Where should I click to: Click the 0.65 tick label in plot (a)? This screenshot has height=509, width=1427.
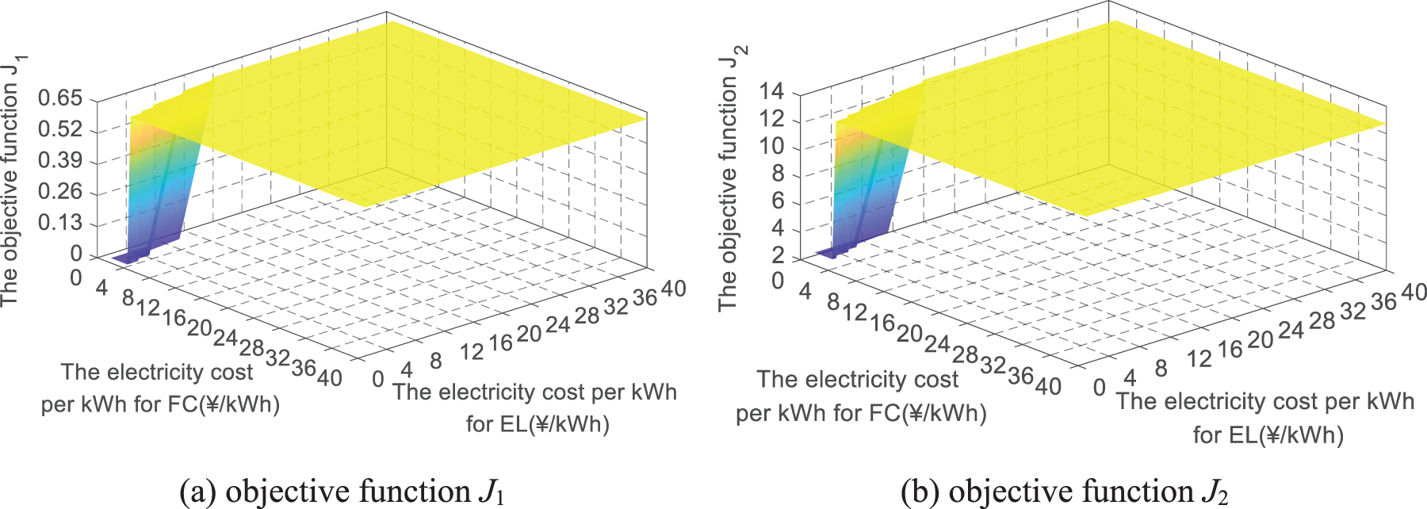coord(60,98)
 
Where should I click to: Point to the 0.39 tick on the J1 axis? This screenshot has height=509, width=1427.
coord(60,161)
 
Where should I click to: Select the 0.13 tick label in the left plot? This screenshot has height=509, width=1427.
coord(60,223)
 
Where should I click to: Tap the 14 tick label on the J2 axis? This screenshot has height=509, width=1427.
coord(771,92)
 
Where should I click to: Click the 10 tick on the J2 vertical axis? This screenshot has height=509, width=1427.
coord(771,147)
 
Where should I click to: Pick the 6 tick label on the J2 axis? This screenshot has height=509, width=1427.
coord(778,201)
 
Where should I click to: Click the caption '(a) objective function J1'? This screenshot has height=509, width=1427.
coord(342,492)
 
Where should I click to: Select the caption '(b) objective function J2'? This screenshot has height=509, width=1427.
coord(1065,492)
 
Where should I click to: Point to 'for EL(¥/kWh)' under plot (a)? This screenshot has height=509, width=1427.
coord(538,424)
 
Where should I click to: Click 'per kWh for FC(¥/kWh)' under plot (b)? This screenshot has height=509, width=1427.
coord(861,413)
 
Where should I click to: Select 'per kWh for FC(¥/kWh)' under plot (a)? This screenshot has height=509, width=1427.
coord(160,404)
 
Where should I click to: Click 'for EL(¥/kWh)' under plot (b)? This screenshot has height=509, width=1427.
coord(1268,434)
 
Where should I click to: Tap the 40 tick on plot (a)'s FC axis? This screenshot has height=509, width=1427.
coord(330,377)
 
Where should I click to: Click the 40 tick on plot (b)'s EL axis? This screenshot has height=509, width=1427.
coord(1414,293)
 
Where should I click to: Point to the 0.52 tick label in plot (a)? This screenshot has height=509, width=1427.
coord(60,129)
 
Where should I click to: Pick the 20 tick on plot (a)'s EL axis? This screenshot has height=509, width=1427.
coord(529,334)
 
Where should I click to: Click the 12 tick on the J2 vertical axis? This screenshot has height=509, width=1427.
coord(771,119)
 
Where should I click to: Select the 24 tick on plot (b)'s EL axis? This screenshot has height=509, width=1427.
coord(1291,330)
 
